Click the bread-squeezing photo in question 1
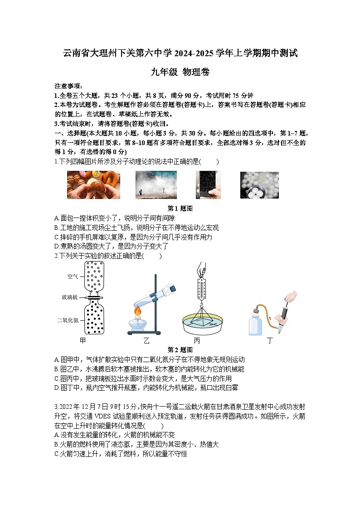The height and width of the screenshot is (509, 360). click(93, 185)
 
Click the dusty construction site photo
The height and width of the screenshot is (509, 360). click(156, 185)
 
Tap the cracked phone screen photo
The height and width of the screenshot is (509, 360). click(208, 185)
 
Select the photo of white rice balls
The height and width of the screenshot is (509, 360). click(259, 185)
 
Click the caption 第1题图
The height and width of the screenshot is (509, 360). click(180, 208)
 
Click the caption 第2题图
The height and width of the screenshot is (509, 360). click(180, 349)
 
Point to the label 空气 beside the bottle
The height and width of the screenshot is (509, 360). click(73, 276)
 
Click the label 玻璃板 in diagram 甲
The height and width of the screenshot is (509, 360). click(70, 297)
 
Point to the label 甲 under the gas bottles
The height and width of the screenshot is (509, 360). click(83, 340)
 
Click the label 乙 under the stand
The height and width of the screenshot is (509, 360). click(146, 340)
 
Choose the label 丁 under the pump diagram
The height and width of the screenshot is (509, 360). click(270, 340)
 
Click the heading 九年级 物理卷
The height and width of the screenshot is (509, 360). click(180, 72)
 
